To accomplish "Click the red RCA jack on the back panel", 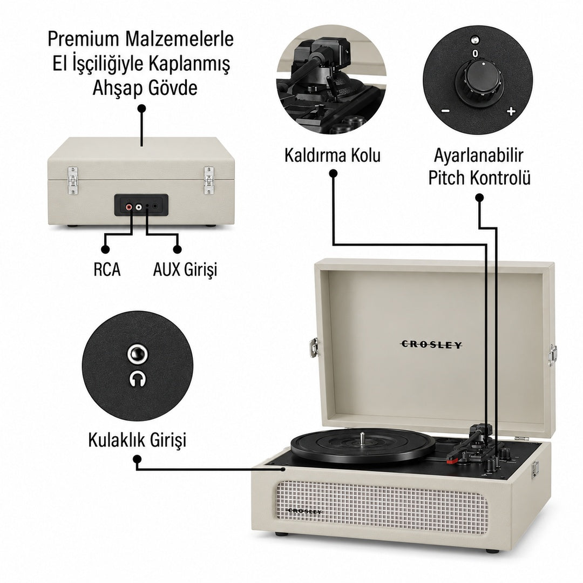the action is tap(129, 206).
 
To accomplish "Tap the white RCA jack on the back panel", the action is tap(139, 206).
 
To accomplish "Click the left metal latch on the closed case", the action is tap(72, 180).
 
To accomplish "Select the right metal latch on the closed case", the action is tap(209, 180).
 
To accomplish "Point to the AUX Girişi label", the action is tap(185, 269).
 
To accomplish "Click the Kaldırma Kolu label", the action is tap(333, 155).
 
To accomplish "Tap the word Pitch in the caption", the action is tap(447, 178).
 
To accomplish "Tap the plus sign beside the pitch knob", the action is tap(511, 111).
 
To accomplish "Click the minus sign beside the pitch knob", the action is tap(445, 111).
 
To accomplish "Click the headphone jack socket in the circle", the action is tap(137, 354).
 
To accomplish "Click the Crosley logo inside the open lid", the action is tap(431, 344).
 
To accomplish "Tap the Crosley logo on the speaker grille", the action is tap(305, 511).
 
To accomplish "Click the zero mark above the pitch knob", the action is tap(475, 54).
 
